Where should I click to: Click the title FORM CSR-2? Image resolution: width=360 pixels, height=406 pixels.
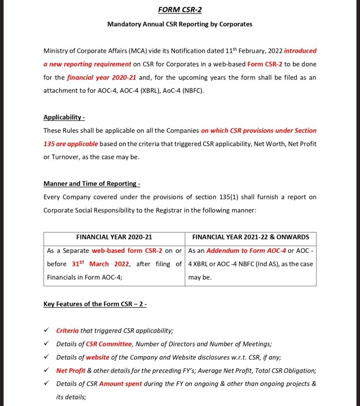click(x=180, y=9)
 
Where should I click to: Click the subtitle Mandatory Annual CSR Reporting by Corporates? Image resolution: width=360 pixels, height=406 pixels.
click(x=180, y=24)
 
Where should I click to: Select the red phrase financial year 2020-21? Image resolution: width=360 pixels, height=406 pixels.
click(x=101, y=77)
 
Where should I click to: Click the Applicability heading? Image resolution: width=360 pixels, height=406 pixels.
click(x=64, y=117)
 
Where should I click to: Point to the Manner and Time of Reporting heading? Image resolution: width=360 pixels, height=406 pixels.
click(x=92, y=184)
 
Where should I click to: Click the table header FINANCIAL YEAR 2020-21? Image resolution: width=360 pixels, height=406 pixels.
click(x=114, y=237)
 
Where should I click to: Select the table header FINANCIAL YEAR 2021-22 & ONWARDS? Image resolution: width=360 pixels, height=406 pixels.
click(x=251, y=237)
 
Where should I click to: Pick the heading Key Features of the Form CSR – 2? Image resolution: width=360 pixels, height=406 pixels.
click(x=95, y=304)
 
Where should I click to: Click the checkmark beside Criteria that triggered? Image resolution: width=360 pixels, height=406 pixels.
click(x=46, y=330)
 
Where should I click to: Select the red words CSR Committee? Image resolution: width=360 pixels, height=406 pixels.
click(x=109, y=344)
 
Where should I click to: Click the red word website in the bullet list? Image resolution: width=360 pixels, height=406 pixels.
click(x=98, y=357)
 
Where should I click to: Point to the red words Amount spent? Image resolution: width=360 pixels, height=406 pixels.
click(x=120, y=384)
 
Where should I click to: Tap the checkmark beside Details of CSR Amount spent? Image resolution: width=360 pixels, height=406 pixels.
click(x=46, y=384)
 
